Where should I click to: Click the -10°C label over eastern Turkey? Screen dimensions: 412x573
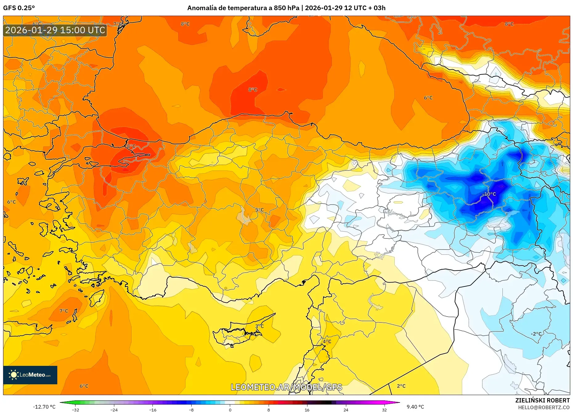coord(489,194)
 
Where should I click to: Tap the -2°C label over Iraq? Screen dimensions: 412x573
coord(536,334)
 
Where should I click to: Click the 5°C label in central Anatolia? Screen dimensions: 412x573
coord(259,210)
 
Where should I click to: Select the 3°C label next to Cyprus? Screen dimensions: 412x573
coord(259,326)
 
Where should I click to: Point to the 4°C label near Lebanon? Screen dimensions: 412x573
coord(327,342)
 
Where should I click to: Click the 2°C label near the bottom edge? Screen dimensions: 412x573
coord(401,386)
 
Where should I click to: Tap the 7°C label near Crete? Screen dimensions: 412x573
coord(64,311)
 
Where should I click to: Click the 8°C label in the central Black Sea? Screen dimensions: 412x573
coord(253,90)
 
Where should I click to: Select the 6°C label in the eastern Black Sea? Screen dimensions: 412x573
coord(428,98)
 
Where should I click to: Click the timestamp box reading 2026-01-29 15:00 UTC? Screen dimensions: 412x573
coord(55,30)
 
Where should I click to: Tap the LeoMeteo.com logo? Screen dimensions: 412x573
coord(30,375)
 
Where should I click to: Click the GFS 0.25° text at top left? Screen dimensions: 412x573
coord(19,8)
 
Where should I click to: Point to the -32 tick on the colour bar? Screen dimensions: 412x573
coord(75,410)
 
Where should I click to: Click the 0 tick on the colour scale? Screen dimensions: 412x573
coord(230,410)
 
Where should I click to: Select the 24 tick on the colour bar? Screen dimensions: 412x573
coord(346,410)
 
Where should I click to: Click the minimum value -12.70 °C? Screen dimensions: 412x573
coord(44,407)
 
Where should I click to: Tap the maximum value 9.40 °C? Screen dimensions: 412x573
coord(415,407)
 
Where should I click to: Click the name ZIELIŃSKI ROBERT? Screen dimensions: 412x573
coord(542,400)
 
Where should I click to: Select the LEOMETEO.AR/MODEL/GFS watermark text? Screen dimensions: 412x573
coord(286,387)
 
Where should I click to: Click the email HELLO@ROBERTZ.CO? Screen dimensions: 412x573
coord(544,407)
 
